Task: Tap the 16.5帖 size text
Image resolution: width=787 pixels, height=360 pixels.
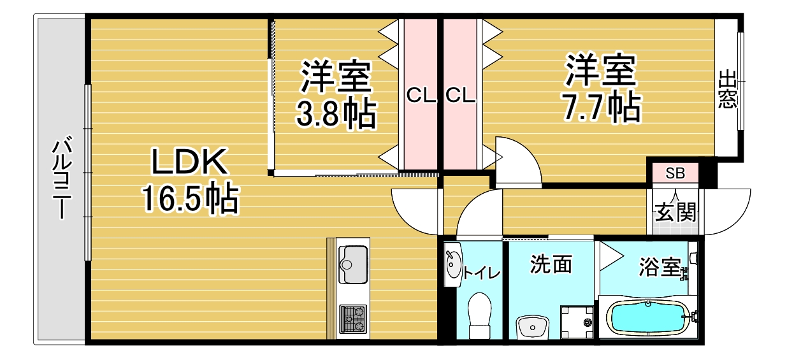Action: (x=189, y=199)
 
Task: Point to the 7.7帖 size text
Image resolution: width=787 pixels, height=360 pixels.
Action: (x=601, y=108)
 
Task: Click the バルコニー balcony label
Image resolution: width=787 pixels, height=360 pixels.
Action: (x=61, y=178)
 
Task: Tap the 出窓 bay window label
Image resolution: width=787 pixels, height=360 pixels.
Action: (x=727, y=89)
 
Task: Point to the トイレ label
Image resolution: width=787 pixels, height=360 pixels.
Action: (x=481, y=273)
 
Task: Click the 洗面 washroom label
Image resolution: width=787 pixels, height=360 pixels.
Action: (x=551, y=264)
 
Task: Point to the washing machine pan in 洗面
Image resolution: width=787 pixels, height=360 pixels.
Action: (x=575, y=322)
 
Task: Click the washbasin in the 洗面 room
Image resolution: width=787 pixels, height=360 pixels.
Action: (x=531, y=328)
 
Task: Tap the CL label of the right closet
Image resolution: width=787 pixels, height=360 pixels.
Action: (x=460, y=96)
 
